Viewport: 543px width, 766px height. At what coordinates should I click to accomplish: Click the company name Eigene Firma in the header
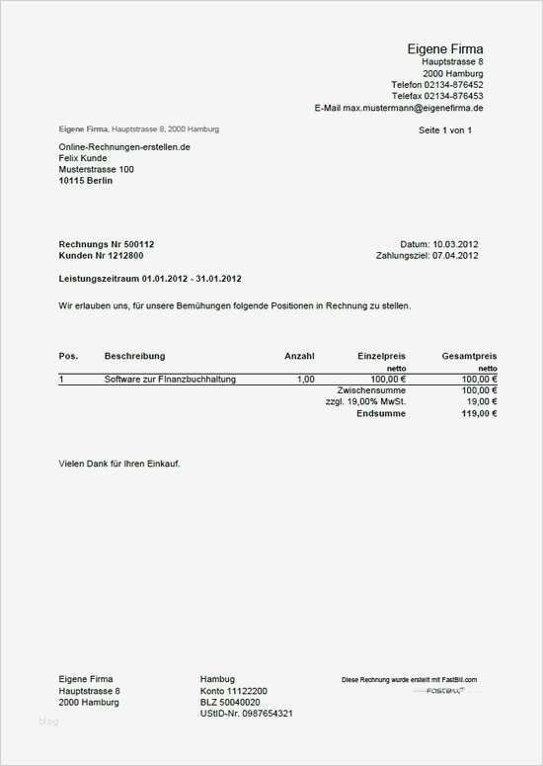[445, 49]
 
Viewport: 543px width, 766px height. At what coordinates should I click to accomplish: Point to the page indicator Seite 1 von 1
[445, 129]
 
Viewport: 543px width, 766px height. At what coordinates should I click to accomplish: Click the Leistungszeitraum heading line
[150, 279]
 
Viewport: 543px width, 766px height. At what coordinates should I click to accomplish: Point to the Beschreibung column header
[134, 355]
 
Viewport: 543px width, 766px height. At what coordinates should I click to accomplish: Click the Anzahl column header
[299, 355]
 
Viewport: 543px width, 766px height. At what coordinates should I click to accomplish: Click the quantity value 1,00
[305, 380]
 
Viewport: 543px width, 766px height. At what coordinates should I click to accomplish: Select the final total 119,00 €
[478, 414]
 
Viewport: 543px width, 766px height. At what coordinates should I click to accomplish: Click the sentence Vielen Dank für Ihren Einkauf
[119, 464]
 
